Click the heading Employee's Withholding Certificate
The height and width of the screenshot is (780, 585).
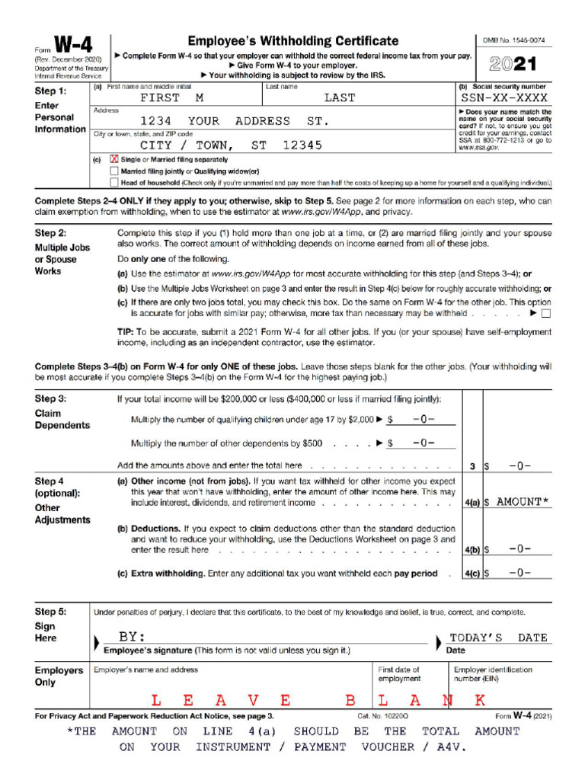click(x=292, y=41)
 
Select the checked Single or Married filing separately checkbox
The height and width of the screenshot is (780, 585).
click(x=115, y=160)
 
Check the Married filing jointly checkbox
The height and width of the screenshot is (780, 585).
click(x=115, y=171)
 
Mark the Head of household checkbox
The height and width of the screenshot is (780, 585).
click(x=115, y=183)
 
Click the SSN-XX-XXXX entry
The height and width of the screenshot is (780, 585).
click(x=504, y=98)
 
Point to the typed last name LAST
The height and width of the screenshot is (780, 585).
click(x=339, y=98)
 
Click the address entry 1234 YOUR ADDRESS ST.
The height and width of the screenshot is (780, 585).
click(x=235, y=121)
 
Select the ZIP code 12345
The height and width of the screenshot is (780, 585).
click(x=302, y=145)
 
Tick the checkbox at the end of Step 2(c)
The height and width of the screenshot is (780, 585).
click(x=545, y=313)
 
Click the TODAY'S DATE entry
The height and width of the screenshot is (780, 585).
click(x=498, y=638)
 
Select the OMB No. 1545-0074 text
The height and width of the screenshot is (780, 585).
click(x=514, y=40)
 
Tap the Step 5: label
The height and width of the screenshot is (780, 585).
click(x=50, y=612)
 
